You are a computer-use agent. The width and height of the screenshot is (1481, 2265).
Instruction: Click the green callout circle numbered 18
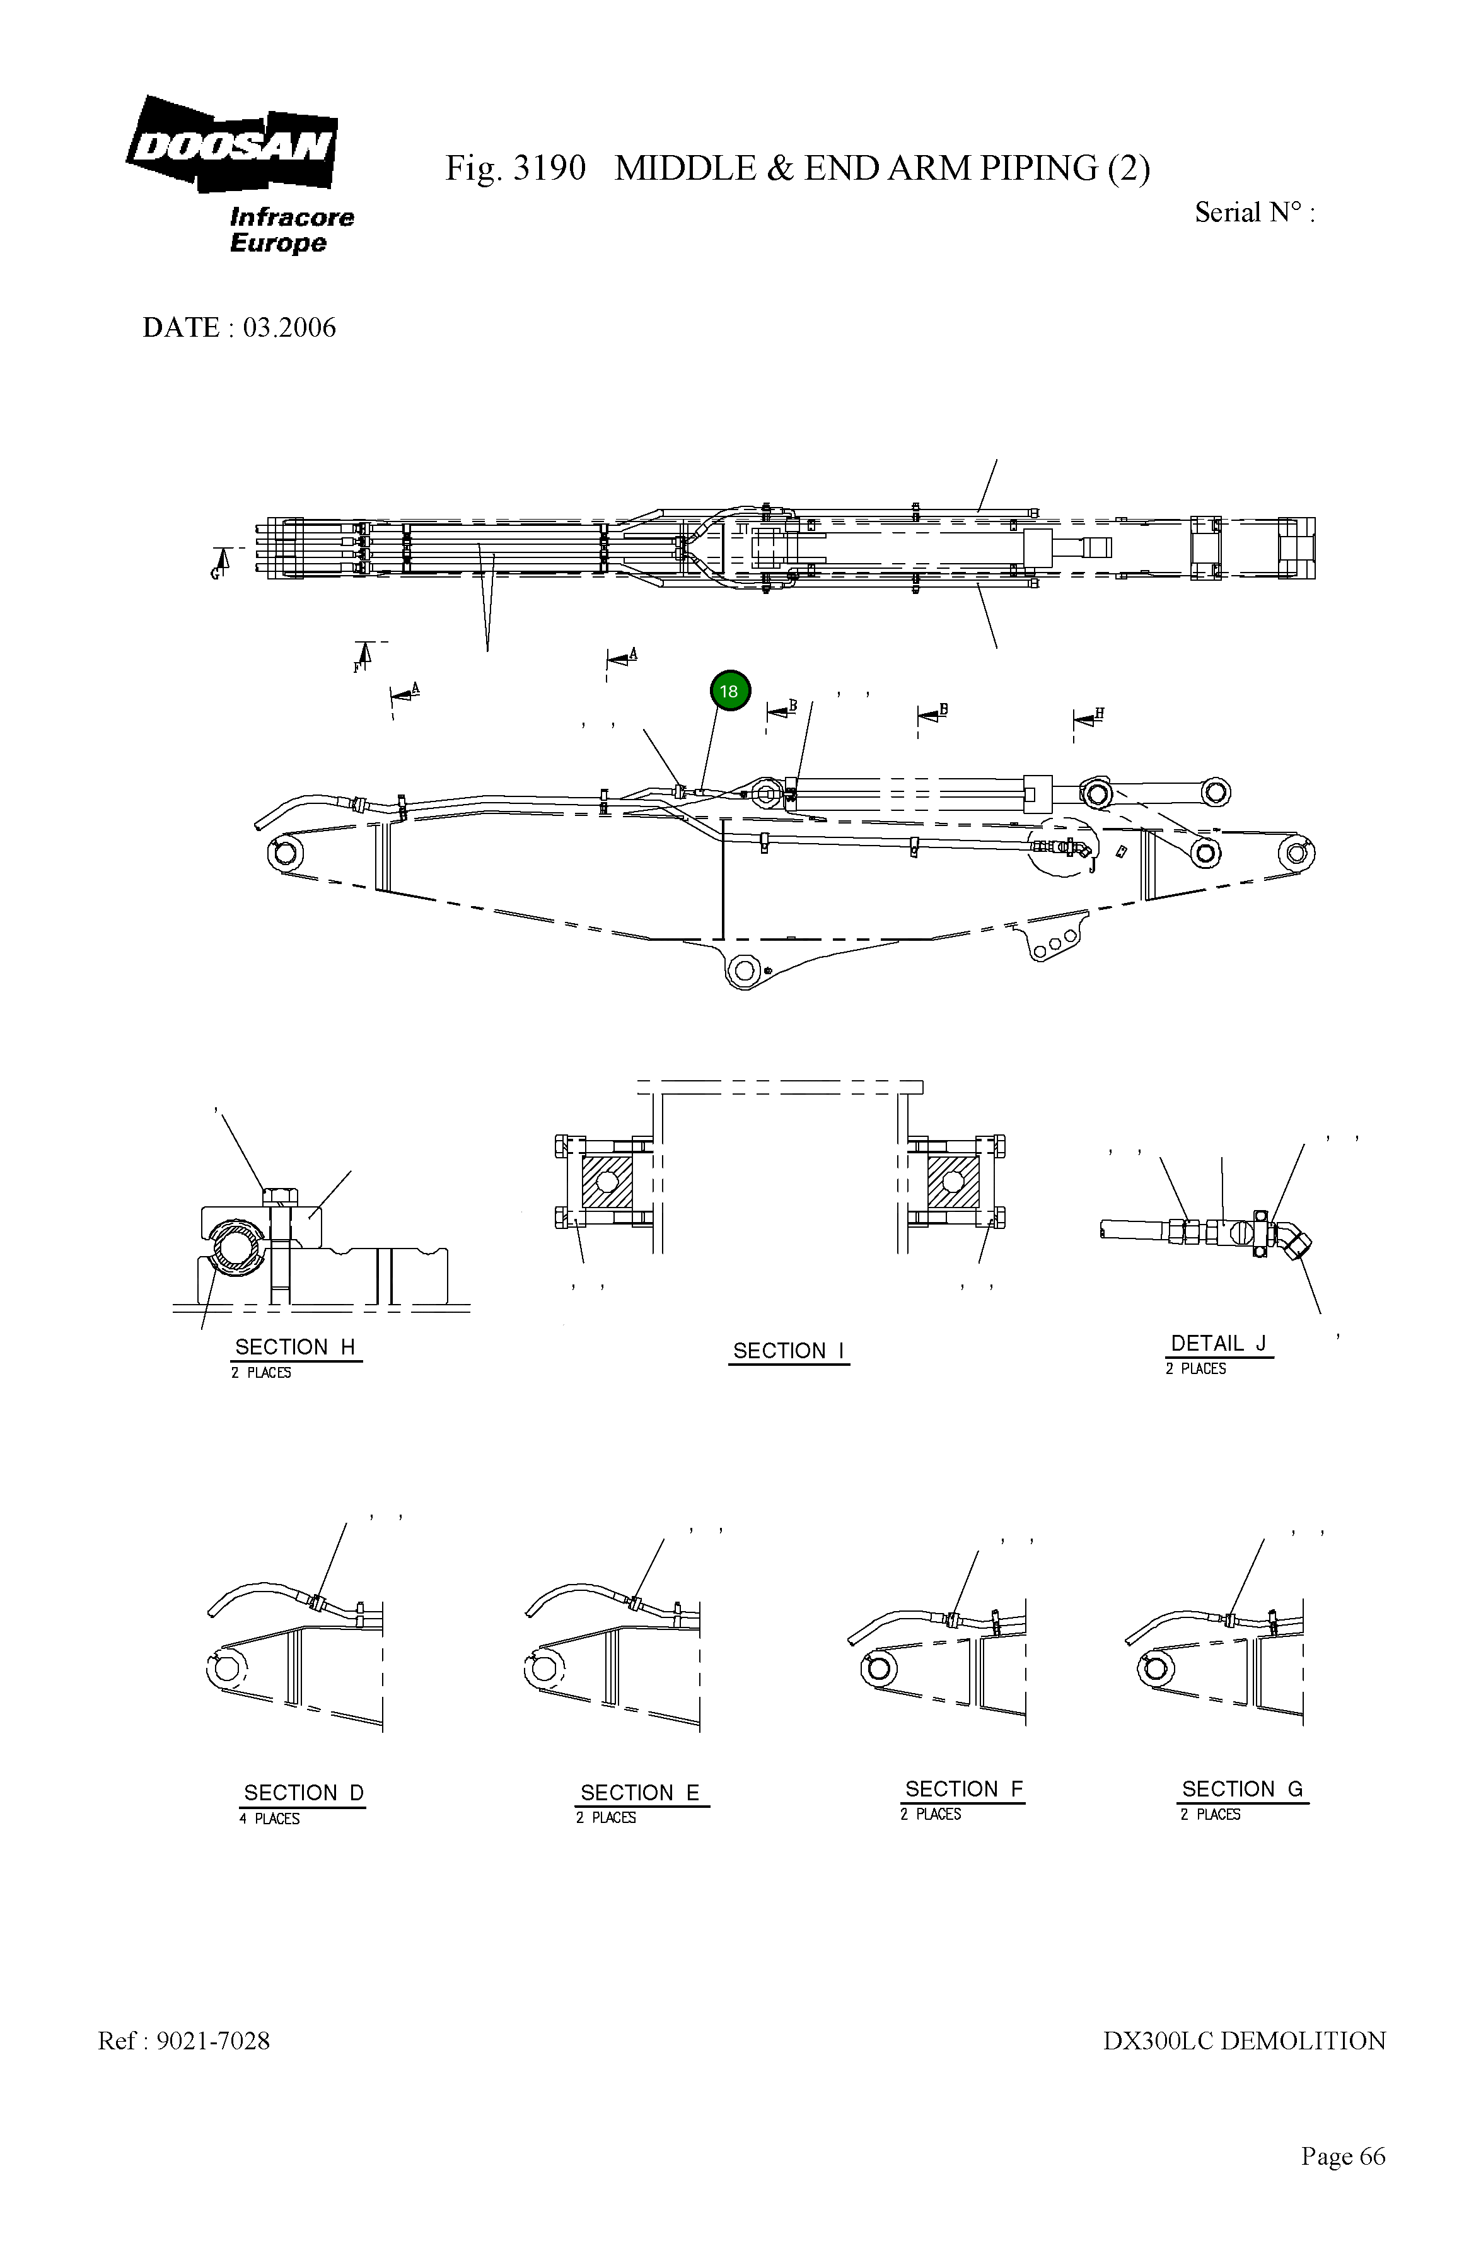(729, 691)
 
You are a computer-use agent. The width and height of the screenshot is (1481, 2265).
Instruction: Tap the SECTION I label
(788, 1351)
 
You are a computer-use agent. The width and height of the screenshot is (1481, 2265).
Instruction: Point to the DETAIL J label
(1217, 1343)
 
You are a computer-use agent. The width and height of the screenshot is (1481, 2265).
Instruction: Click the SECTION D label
(303, 1792)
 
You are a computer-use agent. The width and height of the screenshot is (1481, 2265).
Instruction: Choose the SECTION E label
(639, 1792)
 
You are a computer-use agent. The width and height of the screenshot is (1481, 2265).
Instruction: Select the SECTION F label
(963, 1788)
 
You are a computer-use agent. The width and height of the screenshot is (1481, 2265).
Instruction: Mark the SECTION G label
(1241, 1788)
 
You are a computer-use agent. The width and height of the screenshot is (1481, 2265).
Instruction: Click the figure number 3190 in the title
(549, 168)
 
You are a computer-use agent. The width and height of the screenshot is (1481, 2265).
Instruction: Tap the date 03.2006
(289, 327)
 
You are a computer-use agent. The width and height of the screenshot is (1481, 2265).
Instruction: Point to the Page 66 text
(1342, 2155)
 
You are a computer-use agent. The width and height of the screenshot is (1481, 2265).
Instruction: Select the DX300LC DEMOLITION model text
(1243, 2041)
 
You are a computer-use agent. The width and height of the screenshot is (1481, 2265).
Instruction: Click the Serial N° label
(1253, 213)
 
